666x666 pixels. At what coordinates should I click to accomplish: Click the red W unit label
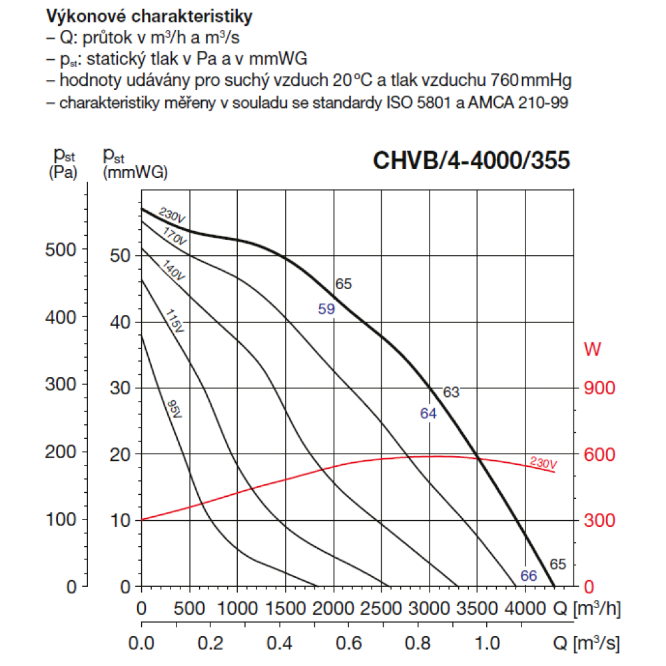(591, 348)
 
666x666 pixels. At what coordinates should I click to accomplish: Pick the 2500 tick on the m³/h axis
(381, 608)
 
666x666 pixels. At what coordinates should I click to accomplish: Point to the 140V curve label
(172, 270)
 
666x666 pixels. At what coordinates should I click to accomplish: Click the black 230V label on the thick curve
(172, 216)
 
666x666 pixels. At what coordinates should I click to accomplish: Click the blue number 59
(326, 309)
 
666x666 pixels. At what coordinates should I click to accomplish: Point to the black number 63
(452, 392)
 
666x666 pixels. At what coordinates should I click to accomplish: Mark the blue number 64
(428, 414)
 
